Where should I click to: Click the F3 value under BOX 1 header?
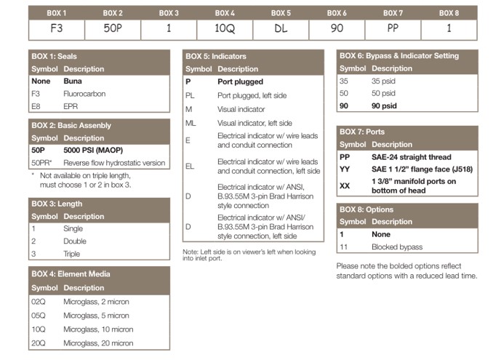(x=56, y=30)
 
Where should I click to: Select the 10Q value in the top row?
(x=224, y=30)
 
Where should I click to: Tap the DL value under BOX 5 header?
(x=281, y=30)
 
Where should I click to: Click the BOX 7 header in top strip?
(x=393, y=13)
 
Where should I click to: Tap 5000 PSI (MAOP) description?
(x=94, y=150)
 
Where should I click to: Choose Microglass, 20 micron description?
(x=98, y=343)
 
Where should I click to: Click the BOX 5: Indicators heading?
(x=216, y=56)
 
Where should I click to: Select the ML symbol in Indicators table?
(x=191, y=123)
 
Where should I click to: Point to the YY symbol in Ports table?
(x=345, y=169)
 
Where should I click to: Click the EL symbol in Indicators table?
(x=190, y=166)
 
